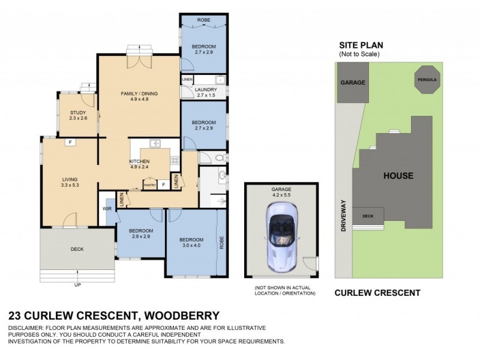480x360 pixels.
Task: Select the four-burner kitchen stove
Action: click(175, 160)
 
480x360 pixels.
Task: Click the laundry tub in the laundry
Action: click(220, 80)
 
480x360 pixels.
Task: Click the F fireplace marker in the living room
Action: click(70, 142)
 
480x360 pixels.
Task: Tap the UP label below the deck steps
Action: click(77, 284)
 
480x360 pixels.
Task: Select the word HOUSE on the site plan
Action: click(398, 176)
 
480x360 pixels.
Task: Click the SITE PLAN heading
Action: click(361, 45)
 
